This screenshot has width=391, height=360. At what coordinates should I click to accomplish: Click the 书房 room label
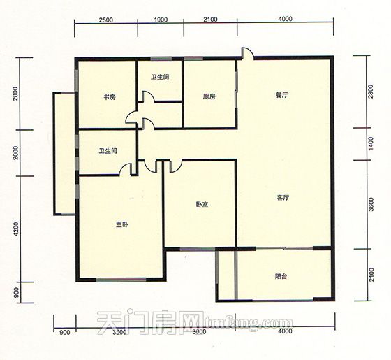[x=109, y=97]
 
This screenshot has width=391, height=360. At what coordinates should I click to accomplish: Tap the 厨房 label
[x=209, y=97]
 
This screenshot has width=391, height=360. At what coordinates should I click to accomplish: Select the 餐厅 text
[x=281, y=97]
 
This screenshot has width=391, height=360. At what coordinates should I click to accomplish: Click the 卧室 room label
[x=202, y=205]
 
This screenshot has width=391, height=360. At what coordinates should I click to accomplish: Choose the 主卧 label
[x=122, y=224]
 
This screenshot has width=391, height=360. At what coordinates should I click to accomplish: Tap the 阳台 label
[x=281, y=277]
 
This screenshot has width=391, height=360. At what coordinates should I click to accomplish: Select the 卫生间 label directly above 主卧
[x=108, y=150]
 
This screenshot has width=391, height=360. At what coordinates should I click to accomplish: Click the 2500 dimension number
[x=106, y=20]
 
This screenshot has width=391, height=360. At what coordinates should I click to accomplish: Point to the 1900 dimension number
[x=159, y=20]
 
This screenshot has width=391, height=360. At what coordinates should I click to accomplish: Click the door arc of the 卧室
[x=175, y=166]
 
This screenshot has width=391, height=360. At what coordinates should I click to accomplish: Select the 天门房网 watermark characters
[x=142, y=323]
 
